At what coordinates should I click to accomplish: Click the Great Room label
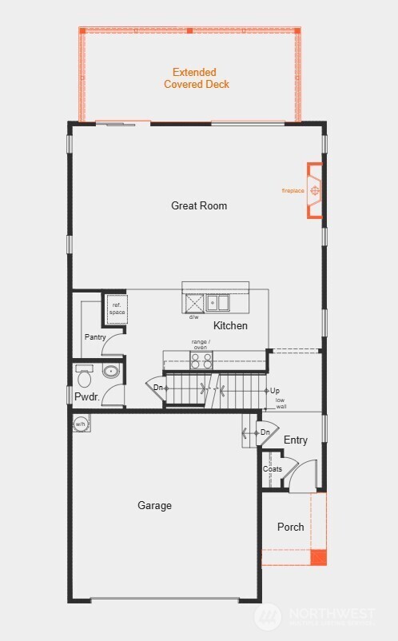(199, 205)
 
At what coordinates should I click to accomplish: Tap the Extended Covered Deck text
(196, 78)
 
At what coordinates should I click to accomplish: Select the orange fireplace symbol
(315, 191)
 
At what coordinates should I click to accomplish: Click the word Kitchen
(230, 325)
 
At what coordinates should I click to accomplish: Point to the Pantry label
(95, 337)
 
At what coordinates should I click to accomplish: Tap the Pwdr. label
(86, 396)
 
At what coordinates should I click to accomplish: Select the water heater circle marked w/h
(80, 424)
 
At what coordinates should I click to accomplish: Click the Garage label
(154, 505)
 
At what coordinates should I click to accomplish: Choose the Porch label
(290, 527)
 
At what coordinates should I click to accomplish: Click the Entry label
(295, 440)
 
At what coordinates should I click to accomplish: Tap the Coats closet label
(272, 468)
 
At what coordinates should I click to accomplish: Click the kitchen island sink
(217, 303)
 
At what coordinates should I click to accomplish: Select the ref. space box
(117, 309)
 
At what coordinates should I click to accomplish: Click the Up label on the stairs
(274, 390)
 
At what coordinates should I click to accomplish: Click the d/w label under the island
(193, 317)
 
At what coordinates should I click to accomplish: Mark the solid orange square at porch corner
(318, 557)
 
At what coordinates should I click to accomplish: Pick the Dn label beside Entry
(265, 432)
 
